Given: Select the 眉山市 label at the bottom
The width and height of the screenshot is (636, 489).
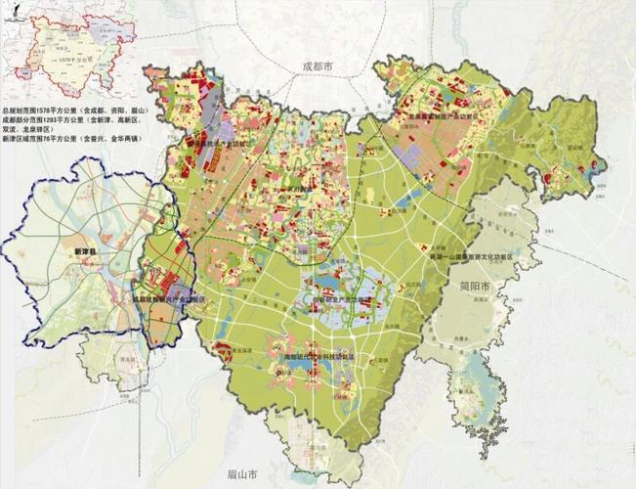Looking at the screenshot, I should point(241,474).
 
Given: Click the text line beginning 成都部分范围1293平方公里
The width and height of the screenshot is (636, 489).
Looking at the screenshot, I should point(70,121).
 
